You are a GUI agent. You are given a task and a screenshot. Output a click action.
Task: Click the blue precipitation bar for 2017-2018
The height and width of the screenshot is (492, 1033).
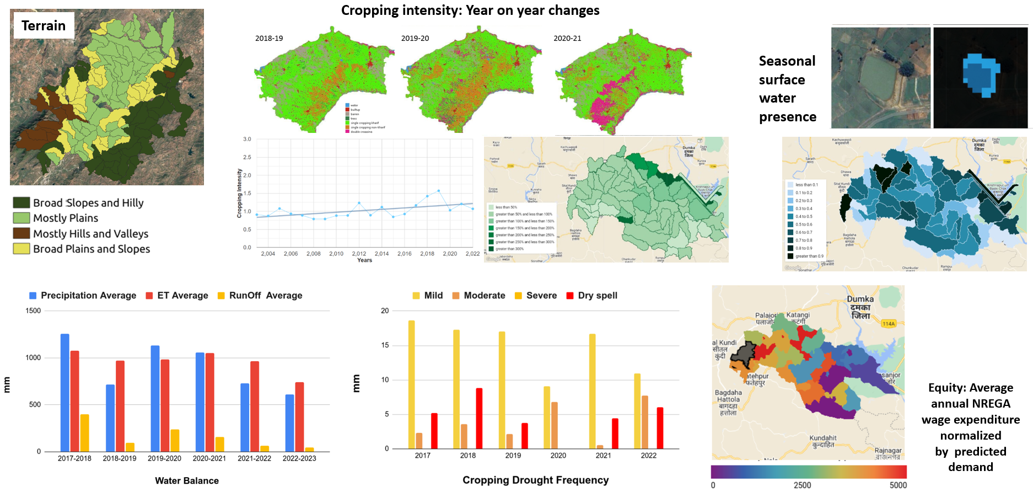(64, 392)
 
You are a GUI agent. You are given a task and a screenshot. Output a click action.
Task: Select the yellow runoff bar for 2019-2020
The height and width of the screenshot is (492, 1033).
(175, 440)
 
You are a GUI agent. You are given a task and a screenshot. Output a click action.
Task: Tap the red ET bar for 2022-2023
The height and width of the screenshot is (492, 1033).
(299, 416)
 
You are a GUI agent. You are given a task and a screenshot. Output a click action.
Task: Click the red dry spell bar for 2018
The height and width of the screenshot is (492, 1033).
(479, 418)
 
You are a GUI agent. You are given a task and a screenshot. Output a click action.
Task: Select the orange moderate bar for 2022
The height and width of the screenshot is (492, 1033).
(645, 422)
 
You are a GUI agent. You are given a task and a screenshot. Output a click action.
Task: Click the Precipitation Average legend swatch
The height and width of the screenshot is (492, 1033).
(33, 296)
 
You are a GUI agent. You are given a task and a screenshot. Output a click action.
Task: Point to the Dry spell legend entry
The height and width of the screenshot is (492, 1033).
(591, 296)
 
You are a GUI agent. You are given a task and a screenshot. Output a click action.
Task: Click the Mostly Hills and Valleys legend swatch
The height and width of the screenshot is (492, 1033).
(21, 233)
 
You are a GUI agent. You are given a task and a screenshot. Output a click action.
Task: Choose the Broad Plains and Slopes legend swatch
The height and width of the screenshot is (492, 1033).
(21, 249)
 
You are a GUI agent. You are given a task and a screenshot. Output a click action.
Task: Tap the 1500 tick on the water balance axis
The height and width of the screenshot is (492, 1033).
(33, 311)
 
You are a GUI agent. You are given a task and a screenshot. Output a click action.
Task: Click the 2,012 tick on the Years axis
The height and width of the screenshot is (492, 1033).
(359, 254)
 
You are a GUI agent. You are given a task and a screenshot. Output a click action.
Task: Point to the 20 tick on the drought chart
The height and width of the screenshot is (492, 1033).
(385, 311)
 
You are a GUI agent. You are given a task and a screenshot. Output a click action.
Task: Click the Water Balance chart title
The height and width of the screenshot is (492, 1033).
(186, 481)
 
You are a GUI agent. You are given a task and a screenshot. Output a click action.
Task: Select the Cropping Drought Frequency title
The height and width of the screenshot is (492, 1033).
(535, 480)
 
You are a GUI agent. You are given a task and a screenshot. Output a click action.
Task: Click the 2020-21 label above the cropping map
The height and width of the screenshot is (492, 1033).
(567, 39)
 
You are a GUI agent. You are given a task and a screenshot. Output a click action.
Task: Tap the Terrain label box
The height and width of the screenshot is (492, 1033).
(44, 25)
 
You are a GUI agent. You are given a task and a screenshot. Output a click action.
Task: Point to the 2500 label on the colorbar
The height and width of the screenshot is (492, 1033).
(802, 485)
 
